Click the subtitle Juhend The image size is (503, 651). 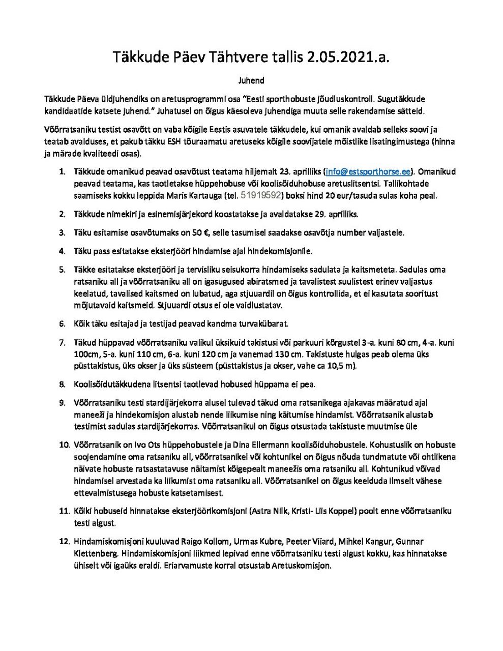coord(251,80)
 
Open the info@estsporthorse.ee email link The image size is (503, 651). coord(368,171)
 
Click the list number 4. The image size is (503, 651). coord(62,251)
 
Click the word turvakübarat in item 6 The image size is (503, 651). coord(265,323)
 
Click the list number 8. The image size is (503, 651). coord(62,384)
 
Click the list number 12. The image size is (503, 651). coord(64,541)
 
